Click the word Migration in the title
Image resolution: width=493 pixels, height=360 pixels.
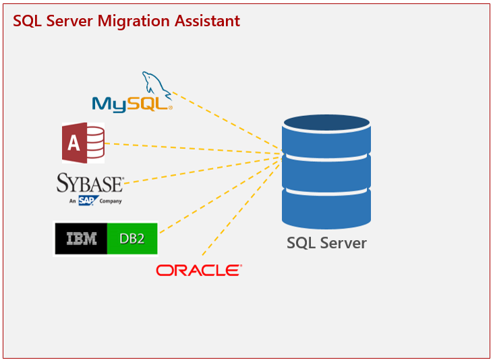(134, 22)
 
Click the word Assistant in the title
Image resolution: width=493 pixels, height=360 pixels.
(207, 21)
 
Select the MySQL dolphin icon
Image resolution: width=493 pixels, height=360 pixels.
(156, 84)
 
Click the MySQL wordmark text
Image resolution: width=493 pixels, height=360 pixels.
(132, 104)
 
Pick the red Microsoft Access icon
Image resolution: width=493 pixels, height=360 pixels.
(83, 143)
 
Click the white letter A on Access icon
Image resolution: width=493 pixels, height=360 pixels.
(74, 143)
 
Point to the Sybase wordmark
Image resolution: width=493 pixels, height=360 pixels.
(90, 183)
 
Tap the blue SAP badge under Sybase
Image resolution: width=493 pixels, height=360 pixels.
(87, 200)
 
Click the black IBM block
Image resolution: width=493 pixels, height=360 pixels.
(81, 239)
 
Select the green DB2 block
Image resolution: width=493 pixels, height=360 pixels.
(132, 239)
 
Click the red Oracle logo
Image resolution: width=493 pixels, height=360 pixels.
(199, 270)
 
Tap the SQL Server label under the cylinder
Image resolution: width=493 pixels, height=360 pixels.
(326, 243)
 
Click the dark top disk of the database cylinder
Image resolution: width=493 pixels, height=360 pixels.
(326, 123)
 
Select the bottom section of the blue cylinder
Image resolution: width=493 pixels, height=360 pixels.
(326, 208)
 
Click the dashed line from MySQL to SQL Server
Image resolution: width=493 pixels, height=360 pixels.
(226, 120)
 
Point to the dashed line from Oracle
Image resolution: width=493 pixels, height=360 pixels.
(241, 208)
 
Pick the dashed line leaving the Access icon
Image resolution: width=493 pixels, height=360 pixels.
(192, 148)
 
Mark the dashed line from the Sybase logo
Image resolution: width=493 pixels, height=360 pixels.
(202, 170)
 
